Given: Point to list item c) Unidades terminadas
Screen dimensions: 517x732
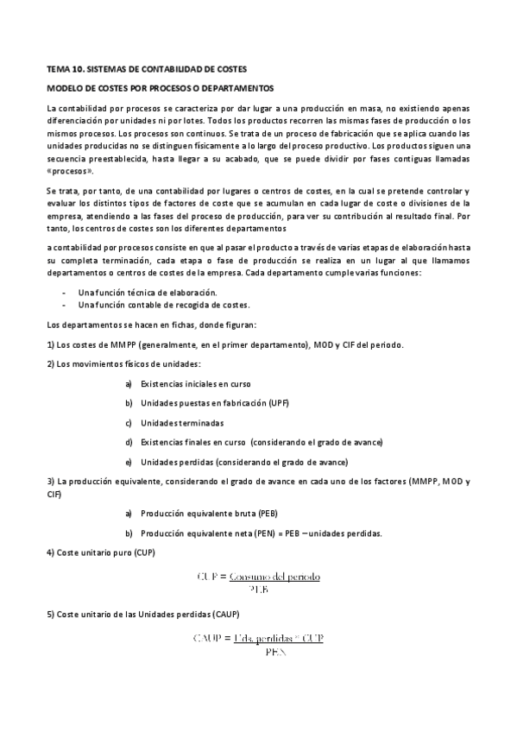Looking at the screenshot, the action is coord(181,423).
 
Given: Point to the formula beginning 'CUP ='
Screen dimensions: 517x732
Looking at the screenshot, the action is coord(259,575).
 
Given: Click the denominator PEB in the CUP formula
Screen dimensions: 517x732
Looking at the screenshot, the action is coord(259,589).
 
